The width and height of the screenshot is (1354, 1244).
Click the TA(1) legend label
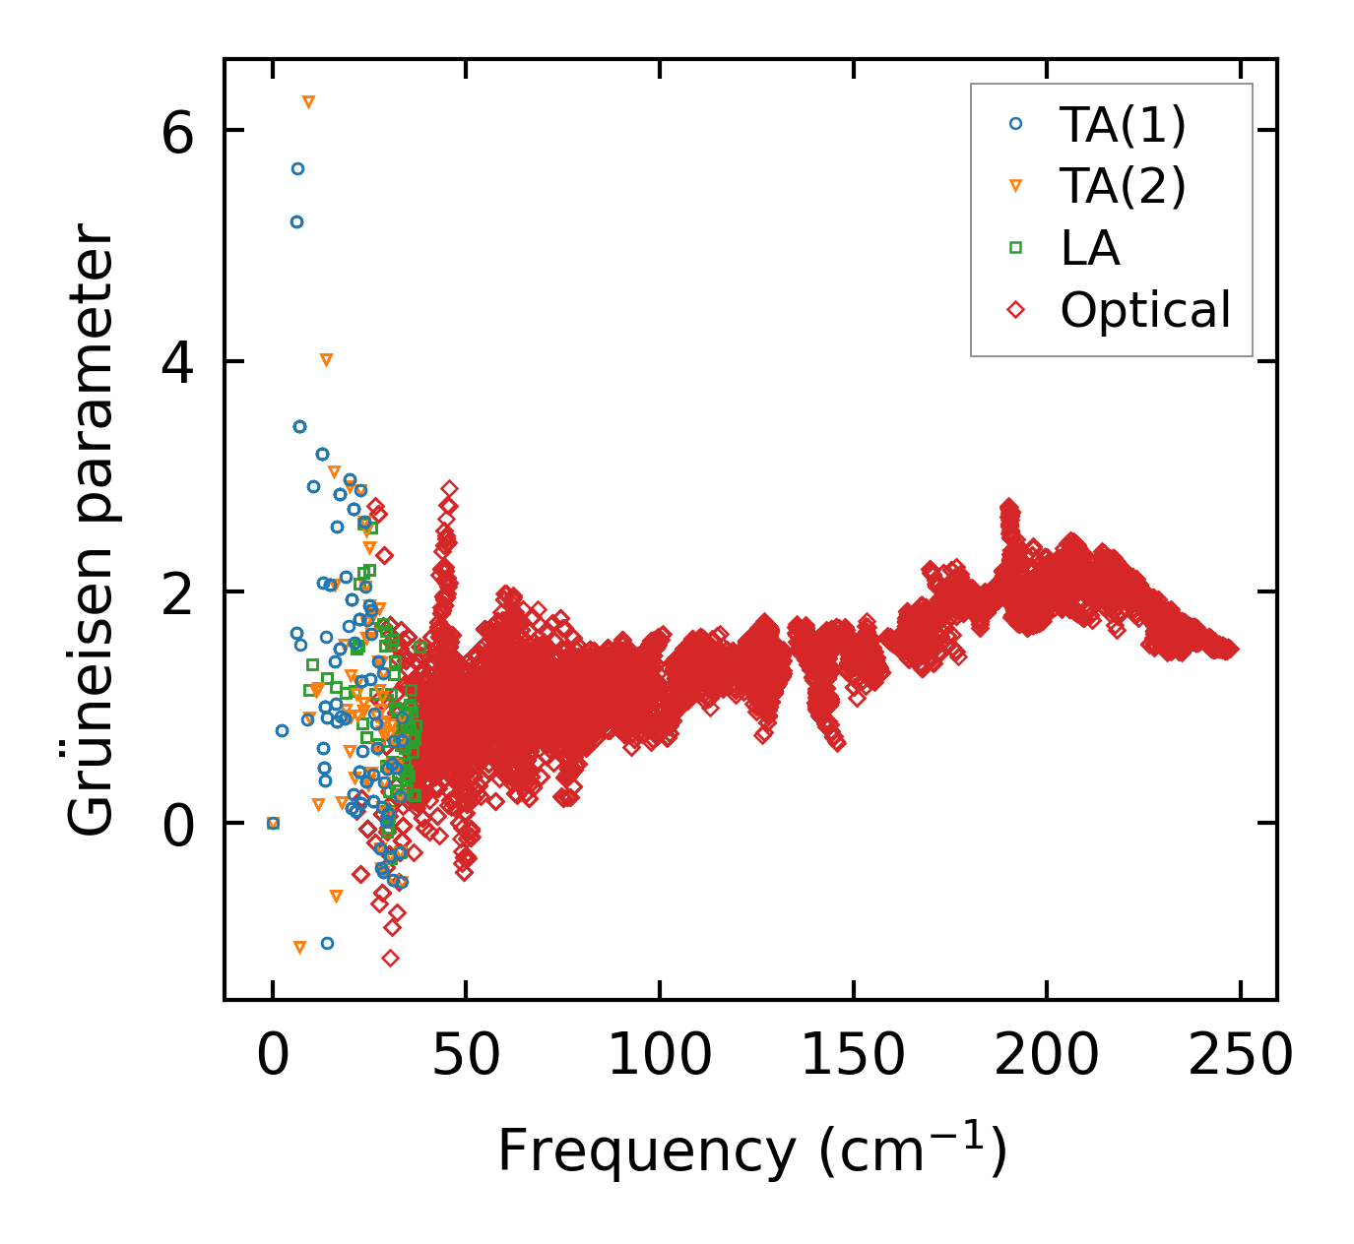click(x=1123, y=125)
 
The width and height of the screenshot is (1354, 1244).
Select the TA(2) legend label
click(x=1123, y=186)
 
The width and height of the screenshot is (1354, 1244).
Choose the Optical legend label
click(x=1145, y=310)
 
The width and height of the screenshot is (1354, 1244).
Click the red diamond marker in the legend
click(x=1015, y=310)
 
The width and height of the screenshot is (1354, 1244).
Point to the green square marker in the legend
click(x=1015, y=248)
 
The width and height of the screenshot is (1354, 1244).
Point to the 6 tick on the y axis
click(x=178, y=132)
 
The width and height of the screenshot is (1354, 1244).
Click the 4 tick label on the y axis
click(x=178, y=362)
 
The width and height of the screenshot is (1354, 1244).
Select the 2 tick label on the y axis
click(x=178, y=592)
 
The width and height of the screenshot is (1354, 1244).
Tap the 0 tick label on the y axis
click(x=178, y=824)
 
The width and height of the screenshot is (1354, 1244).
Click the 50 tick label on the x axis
click(x=466, y=1057)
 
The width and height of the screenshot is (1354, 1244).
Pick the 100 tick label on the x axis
click(x=659, y=1057)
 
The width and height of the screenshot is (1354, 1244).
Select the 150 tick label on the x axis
click(x=852, y=1057)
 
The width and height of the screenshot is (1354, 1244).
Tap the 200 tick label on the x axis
click(x=1045, y=1057)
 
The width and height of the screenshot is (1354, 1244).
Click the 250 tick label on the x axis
click(x=1239, y=1057)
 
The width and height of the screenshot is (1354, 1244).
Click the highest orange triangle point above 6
click(x=308, y=102)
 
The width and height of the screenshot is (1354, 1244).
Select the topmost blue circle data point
click(x=297, y=169)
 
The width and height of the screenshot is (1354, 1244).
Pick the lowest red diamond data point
click(x=390, y=958)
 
